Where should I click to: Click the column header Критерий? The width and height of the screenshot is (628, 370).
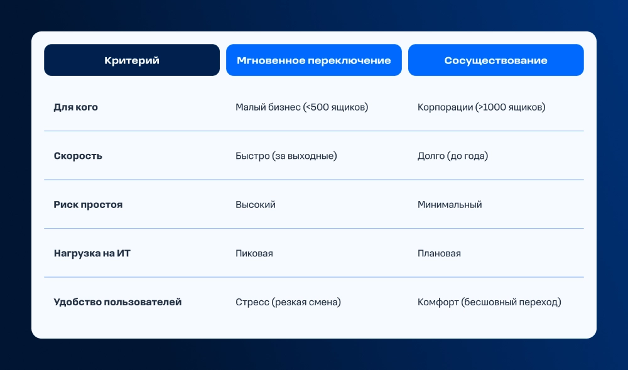coord(132,60)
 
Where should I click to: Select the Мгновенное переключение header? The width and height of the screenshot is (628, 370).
coord(313,60)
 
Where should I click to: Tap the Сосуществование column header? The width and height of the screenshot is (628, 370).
coord(496,60)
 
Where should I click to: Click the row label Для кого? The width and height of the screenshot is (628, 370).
coord(76,107)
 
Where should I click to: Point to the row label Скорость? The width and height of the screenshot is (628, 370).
coord(78,156)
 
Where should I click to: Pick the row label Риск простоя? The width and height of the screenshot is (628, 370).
coord(88,205)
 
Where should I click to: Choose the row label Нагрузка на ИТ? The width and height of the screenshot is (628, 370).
coord(92,254)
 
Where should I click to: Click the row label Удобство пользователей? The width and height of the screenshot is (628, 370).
coord(118,302)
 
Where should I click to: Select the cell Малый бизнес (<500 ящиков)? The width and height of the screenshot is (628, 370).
coord(301,107)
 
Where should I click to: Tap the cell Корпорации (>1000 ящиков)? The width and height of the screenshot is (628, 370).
coord(482,107)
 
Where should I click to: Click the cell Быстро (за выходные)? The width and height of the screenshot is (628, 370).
coord(286,156)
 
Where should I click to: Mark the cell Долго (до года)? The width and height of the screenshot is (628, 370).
coord(453,156)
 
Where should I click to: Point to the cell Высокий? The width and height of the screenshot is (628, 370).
coord(256,205)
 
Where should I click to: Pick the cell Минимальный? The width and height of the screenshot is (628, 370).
coord(450,205)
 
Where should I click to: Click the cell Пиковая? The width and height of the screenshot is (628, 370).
coord(254,254)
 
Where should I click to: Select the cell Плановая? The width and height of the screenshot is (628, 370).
coord(439,254)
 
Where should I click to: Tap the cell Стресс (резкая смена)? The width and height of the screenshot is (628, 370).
coord(288,302)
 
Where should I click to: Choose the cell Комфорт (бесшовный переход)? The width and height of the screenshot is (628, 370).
coord(489,302)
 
